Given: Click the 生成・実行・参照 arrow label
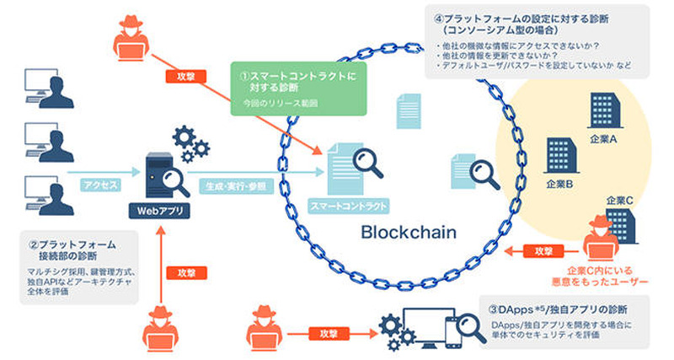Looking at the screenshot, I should coord(231,182).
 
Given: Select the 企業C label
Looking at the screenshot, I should coord(619,201).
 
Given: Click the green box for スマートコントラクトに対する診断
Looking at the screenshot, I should coord(294,86).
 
